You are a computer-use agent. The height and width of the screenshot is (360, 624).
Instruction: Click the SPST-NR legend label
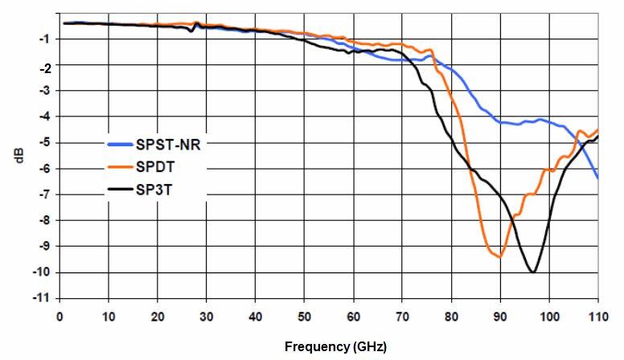(168, 145)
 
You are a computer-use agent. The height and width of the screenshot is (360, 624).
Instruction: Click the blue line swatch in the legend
(123, 145)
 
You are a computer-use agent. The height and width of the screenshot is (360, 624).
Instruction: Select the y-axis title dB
(18, 158)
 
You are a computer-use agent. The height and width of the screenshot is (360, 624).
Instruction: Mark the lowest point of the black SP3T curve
(532, 272)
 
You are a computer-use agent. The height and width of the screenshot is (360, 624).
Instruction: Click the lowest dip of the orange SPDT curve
(499, 256)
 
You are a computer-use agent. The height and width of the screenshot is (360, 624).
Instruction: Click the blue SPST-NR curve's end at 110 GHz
(597, 178)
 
